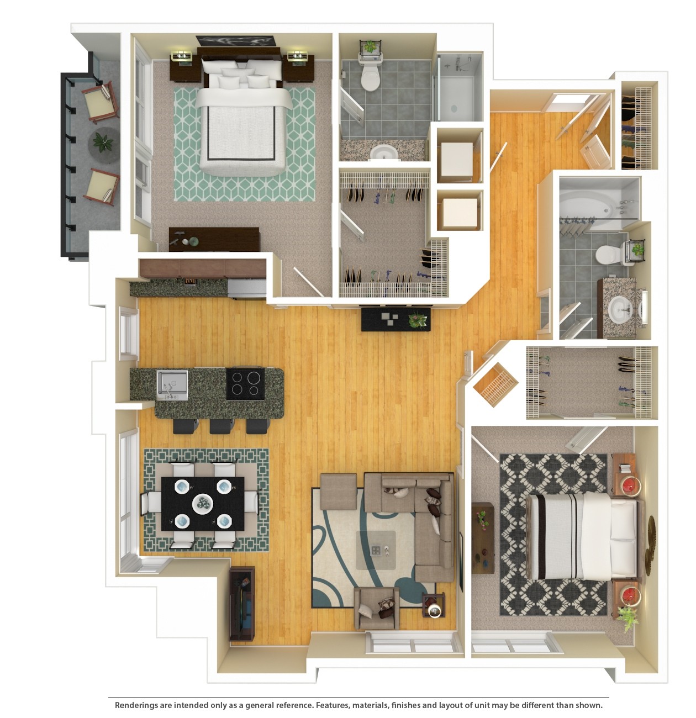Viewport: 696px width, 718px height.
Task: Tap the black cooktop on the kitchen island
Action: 245,383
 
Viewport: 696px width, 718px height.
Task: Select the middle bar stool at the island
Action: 222,426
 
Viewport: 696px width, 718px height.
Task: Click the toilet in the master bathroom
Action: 371,75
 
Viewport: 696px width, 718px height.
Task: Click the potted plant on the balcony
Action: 103,142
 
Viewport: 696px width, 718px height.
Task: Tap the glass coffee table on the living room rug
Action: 376,550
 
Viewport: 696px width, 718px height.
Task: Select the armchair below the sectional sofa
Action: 377,608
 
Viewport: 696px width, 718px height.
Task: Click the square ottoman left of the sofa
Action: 338,490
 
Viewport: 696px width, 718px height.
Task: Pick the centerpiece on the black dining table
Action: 203,503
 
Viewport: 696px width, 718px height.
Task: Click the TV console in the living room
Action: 242,604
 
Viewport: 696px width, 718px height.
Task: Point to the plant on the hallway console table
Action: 418,319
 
